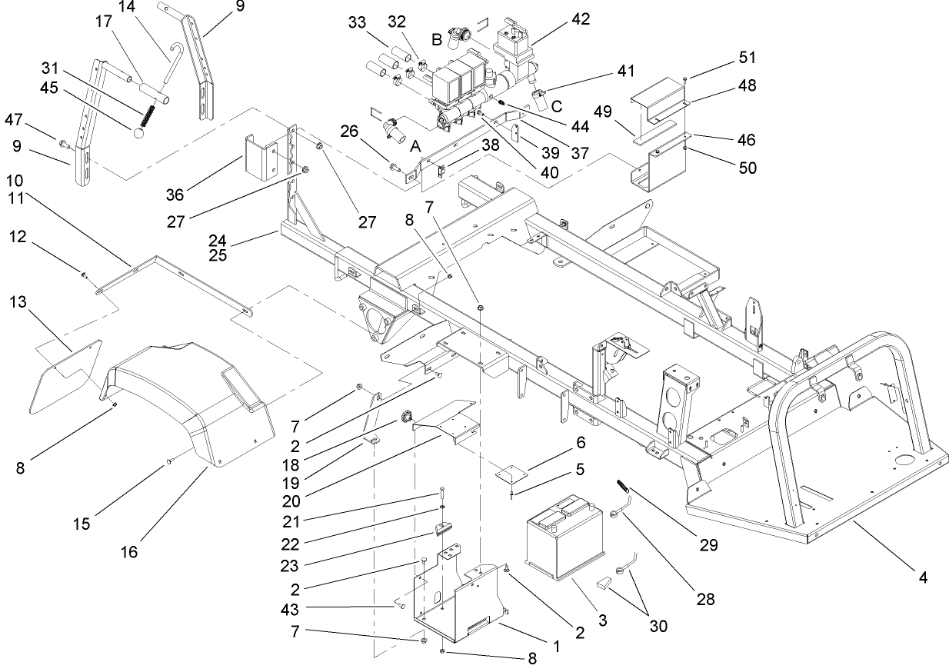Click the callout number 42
[581, 19]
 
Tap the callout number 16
[129, 552]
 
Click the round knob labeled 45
[140, 133]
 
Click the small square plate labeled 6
[508, 473]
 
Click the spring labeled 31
[144, 117]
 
